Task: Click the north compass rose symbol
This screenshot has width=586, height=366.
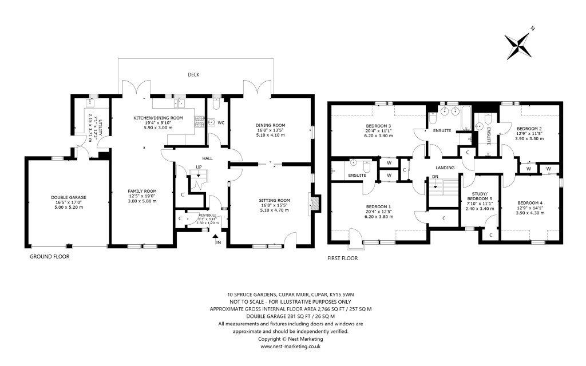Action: (x=518, y=45)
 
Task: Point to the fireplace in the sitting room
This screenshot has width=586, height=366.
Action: (x=315, y=203)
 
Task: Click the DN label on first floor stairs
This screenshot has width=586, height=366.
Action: (x=435, y=177)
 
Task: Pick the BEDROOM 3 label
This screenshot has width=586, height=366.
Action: (x=378, y=126)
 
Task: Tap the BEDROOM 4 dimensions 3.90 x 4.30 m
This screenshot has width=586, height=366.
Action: (x=529, y=213)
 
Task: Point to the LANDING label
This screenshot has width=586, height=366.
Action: (x=445, y=168)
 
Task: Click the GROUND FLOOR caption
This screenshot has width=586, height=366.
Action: (x=50, y=257)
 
